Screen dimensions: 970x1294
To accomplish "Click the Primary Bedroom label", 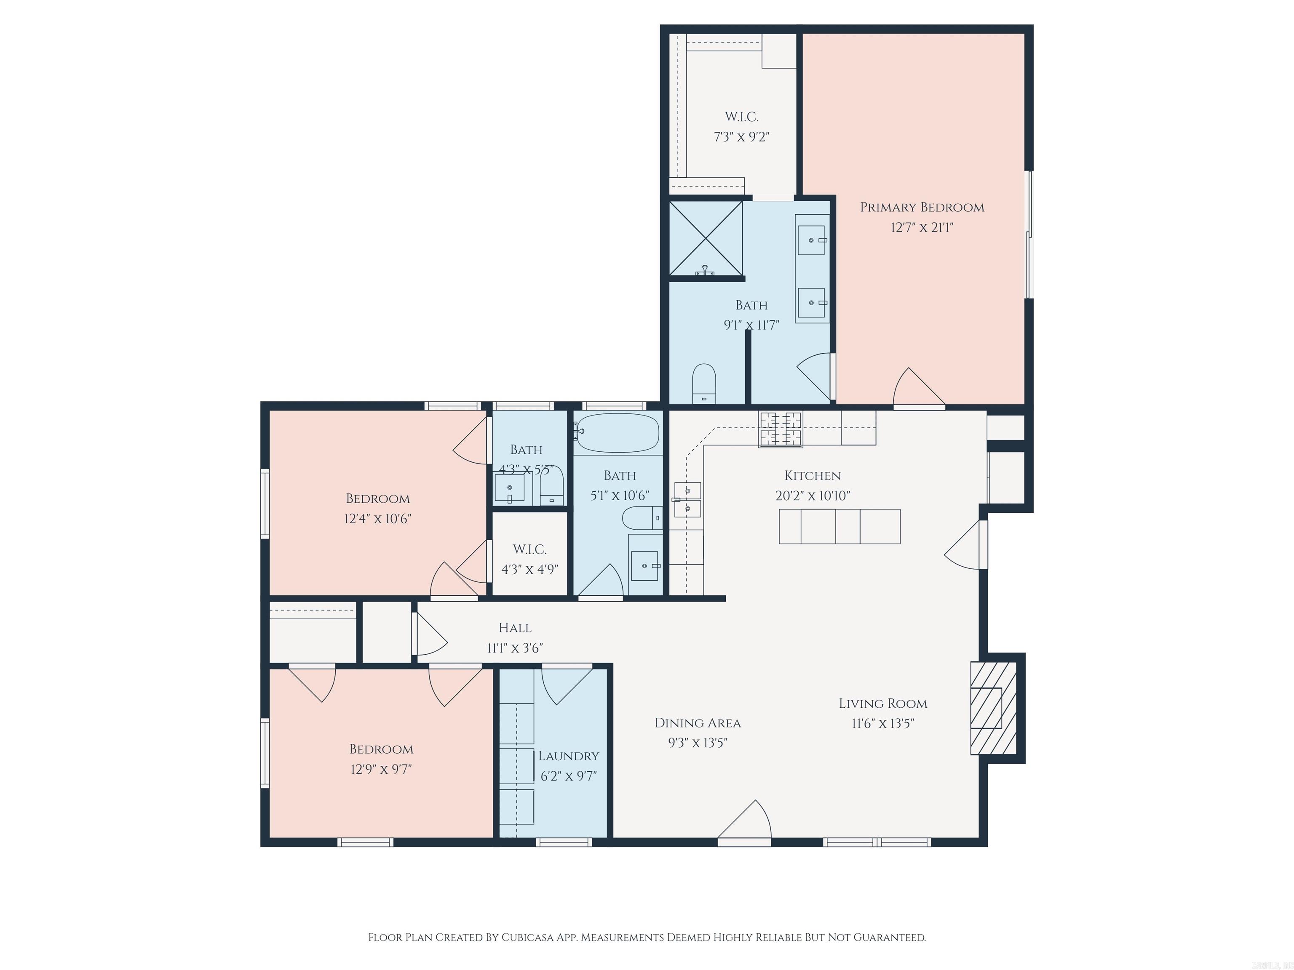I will coord(922,207).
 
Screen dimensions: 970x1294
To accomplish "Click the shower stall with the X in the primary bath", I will coord(706,238).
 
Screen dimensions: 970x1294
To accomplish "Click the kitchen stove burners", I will coord(781,429).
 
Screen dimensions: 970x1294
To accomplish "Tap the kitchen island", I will coord(839,526).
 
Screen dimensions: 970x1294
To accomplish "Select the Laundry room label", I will coord(568,756).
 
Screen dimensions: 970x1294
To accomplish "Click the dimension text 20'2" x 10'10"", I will coord(813,496).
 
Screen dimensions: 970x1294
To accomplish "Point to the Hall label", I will coord(515,628).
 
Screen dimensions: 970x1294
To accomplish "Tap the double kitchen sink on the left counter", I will coord(687,499).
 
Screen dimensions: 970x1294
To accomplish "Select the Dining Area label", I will coord(697,723).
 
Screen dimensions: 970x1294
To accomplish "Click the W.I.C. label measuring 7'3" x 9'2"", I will coord(741,117).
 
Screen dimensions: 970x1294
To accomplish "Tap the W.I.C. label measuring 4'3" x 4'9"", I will coord(529,549).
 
